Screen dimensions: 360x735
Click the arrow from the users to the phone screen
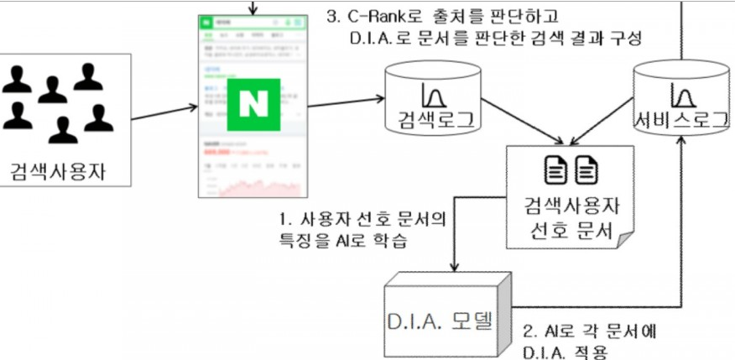point(164,112)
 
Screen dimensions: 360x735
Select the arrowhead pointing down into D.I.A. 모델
point(454,267)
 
